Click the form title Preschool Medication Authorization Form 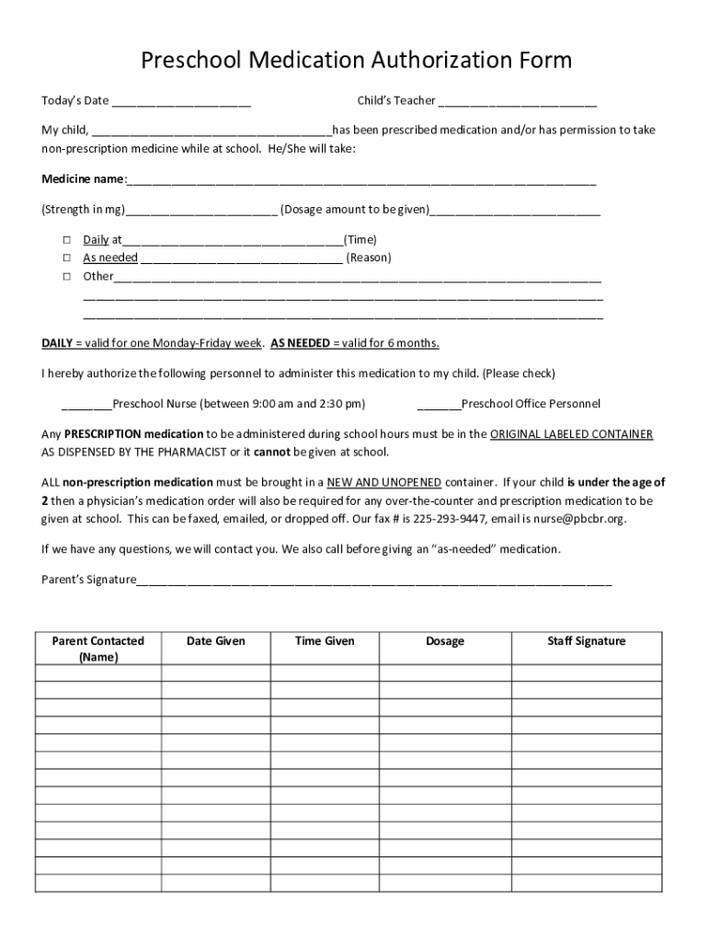(356, 61)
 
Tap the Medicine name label (82, 178)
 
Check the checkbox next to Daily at (67, 239)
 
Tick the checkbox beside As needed (67, 258)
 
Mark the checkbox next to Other (67, 276)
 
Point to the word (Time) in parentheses (360, 239)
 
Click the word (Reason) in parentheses (369, 258)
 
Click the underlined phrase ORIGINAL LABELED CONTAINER (571, 434)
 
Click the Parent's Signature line (373, 580)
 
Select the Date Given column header (216, 641)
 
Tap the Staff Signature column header (586, 641)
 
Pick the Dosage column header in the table (445, 641)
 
